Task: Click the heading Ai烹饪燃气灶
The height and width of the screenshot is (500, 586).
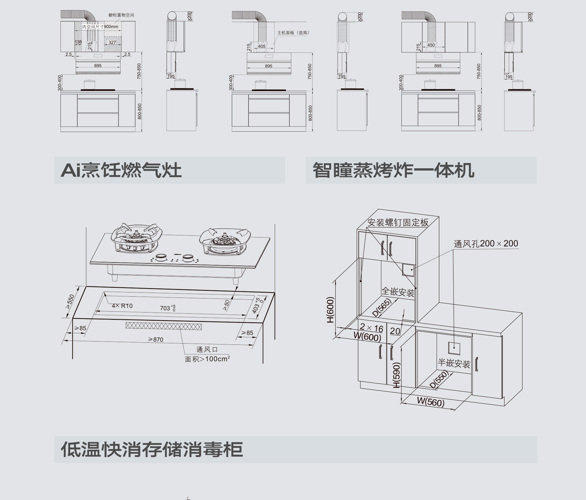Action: coord(121,170)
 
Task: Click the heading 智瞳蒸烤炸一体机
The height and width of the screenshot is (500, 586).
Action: coord(393,170)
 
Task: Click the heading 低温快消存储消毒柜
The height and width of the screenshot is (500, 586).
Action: coord(152,449)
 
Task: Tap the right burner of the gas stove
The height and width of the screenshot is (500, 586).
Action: coord(225,240)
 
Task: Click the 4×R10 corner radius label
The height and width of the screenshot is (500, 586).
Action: coord(122,306)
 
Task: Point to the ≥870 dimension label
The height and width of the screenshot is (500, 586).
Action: coord(156,339)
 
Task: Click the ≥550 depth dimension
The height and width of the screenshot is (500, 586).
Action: coord(70,302)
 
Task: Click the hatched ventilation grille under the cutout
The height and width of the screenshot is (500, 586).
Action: coord(164,326)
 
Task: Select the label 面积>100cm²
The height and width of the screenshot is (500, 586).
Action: coord(207,359)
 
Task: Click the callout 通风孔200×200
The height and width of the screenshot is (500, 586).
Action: coord(486,244)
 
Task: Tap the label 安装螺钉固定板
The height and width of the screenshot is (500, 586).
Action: coord(398,223)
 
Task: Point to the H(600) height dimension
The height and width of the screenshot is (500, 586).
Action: coord(331,310)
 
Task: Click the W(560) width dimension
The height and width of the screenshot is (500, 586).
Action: coord(431,402)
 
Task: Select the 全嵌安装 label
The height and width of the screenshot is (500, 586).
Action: coord(398,292)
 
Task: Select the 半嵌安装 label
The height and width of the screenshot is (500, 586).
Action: coord(454,363)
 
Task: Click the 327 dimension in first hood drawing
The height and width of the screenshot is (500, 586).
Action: coord(112,42)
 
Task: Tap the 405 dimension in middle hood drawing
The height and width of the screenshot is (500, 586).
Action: coord(262,46)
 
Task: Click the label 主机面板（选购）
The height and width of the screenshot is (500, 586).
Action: coord(293,33)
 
